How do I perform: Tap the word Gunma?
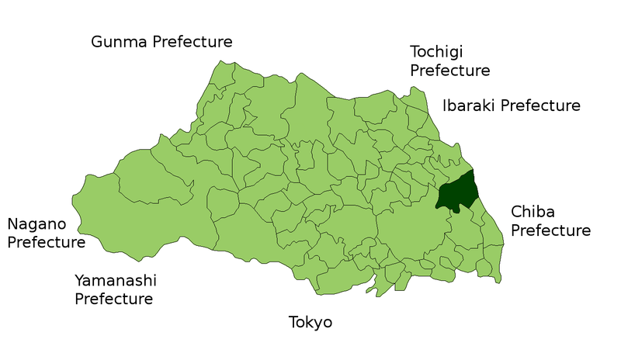pyautogui.click(x=119, y=42)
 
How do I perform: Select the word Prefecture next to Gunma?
pyautogui.click(x=193, y=42)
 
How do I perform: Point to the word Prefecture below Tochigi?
pyautogui.click(x=450, y=71)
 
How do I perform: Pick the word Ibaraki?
pyautogui.click(x=469, y=106)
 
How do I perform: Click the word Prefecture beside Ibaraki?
pyautogui.click(x=540, y=106)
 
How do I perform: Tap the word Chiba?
pyautogui.click(x=532, y=212)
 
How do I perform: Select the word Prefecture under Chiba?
pyautogui.click(x=550, y=230)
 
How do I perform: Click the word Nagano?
pyautogui.click(x=36, y=225)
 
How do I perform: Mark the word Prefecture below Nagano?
pyautogui.click(x=47, y=243)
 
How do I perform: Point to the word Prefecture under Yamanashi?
pyautogui.click(x=114, y=299)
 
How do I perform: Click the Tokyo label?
pyautogui.click(x=310, y=322)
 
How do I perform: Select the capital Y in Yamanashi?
pyautogui.click(x=80, y=280)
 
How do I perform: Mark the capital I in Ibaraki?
pyautogui.click(x=446, y=106)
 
